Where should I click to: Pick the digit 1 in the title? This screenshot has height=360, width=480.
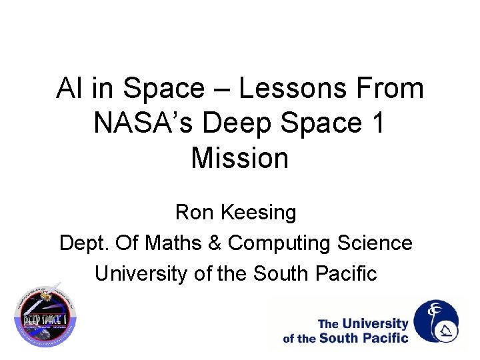pyautogui.click(x=377, y=123)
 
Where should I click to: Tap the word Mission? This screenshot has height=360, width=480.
pyautogui.click(x=239, y=158)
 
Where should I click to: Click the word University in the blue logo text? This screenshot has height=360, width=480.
pyautogui.click(x=375, y=323)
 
